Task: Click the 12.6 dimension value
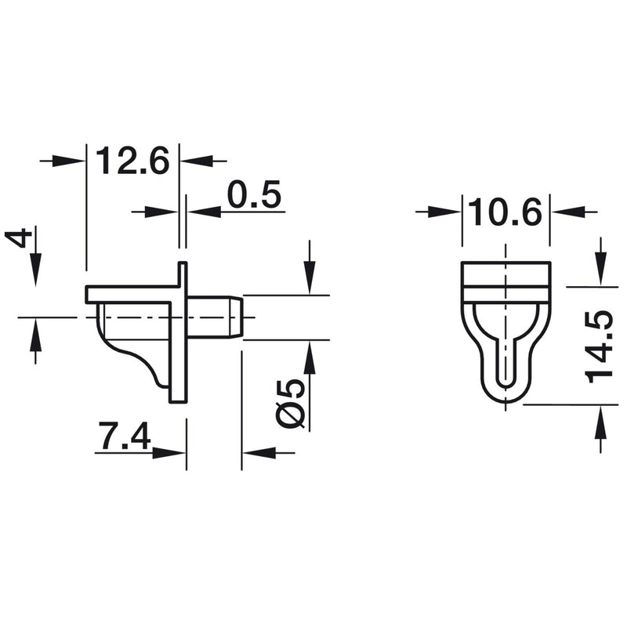click(132, 161)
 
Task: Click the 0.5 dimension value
click(255, 195)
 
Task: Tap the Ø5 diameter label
click(292, 403)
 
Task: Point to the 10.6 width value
click(506, 212)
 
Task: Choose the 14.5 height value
click(600, 345)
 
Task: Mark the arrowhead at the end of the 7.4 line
click(175, 453)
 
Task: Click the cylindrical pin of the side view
click(215, 317)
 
